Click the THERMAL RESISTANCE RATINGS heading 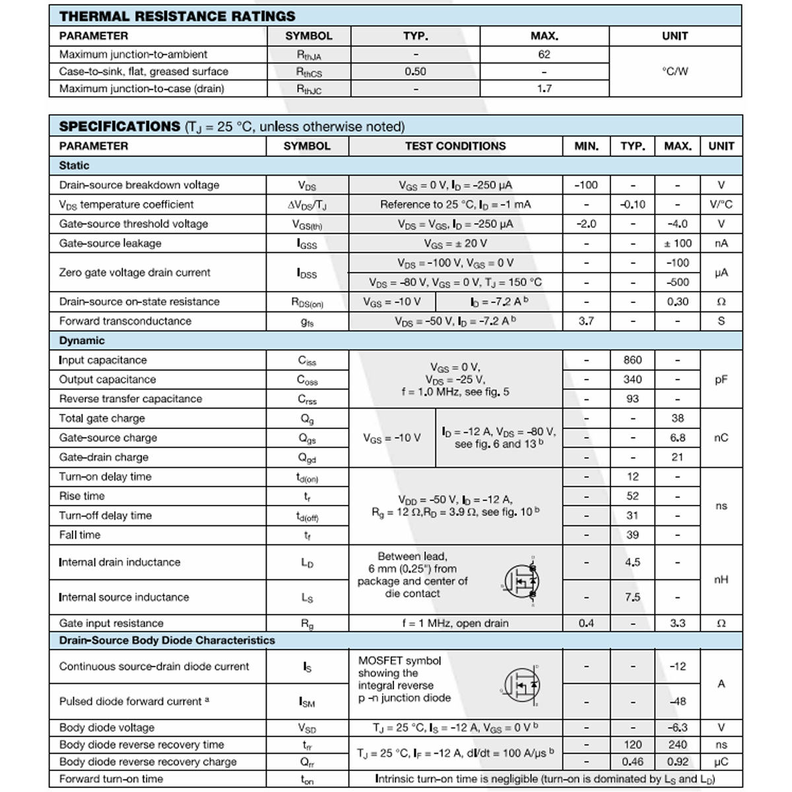coord(177,16)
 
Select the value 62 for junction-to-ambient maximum coord(544,54)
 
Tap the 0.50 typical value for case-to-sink coord(415,71)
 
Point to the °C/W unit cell coord(675,71)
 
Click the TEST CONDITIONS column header coord(455,146)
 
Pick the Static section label coord(74,165)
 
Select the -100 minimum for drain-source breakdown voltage coord(586,185)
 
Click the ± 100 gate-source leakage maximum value coord(678,243)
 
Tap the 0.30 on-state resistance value coord(678,302)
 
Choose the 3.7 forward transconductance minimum coord(586,321)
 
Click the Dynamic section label coord(82,341)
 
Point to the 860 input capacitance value coord(632,360)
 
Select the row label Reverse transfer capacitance coord(131,399)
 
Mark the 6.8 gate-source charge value coord(678,438)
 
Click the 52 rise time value coord(632,496)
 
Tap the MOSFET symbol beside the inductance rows coord(521,581)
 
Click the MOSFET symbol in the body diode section coord(521,685)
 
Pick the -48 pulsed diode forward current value coord(678,701)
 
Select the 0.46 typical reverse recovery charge coord(632,761)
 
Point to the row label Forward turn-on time coord(111,779)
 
